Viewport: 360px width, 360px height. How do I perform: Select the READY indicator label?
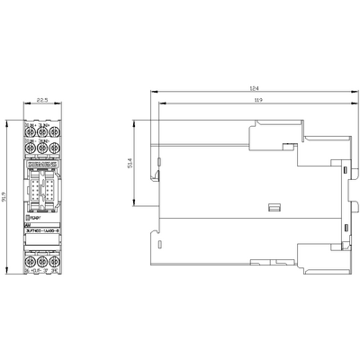coord(39,217)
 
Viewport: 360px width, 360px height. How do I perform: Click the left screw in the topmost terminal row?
coord(31,127)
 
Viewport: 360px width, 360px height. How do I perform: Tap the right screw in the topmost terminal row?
coord(54,127)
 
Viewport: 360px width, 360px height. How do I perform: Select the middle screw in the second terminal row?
coord(42,147)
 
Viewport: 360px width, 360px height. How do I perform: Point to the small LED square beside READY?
coord(30,217)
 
